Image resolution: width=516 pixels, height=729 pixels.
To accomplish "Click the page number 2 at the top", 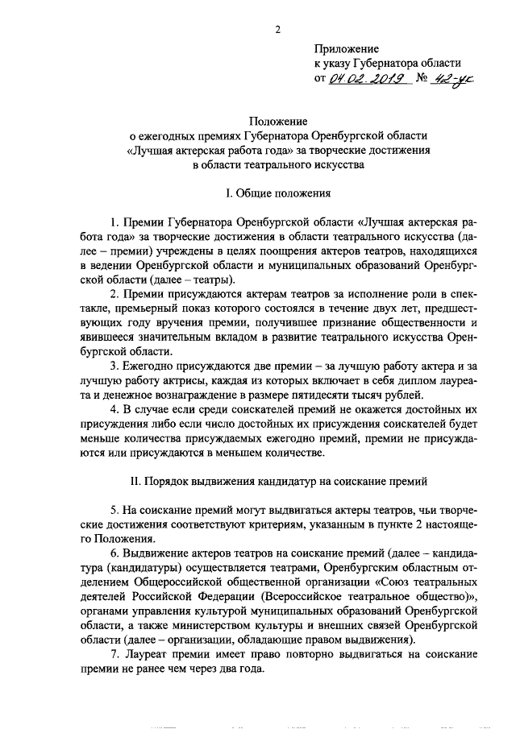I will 277,31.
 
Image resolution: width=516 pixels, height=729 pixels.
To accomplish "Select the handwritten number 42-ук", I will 451,79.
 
